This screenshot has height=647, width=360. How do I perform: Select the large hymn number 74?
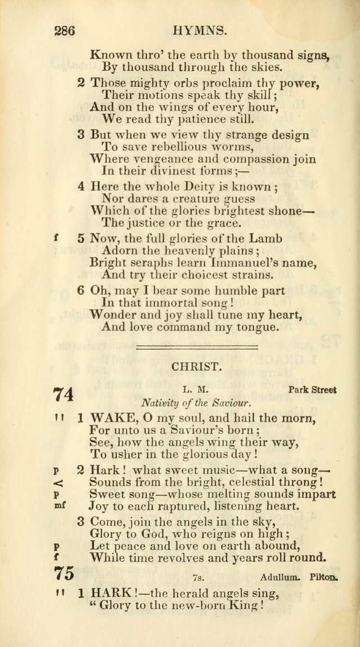64,394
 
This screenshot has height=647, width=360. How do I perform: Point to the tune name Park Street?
312,389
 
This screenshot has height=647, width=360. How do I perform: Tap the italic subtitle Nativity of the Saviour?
196,403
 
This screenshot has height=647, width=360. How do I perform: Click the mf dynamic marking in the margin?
59,505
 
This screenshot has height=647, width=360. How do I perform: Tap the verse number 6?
82,290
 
